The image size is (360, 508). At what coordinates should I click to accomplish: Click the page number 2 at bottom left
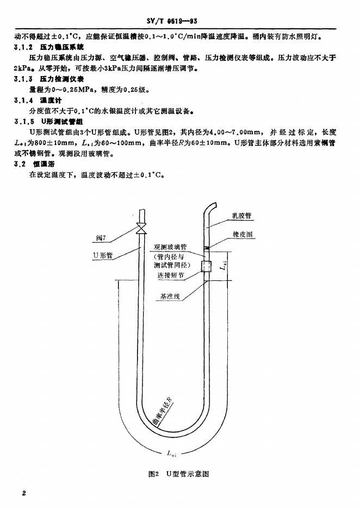(24, 492)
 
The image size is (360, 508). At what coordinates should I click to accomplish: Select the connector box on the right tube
(206, 267)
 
